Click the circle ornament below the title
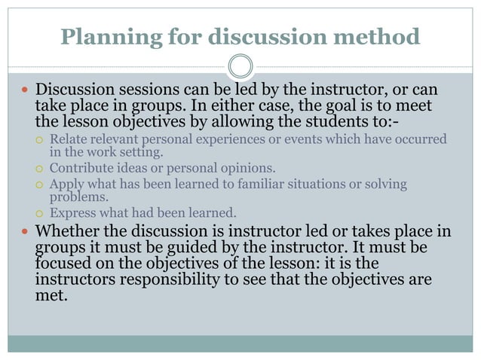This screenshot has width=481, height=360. click(240, 66)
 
